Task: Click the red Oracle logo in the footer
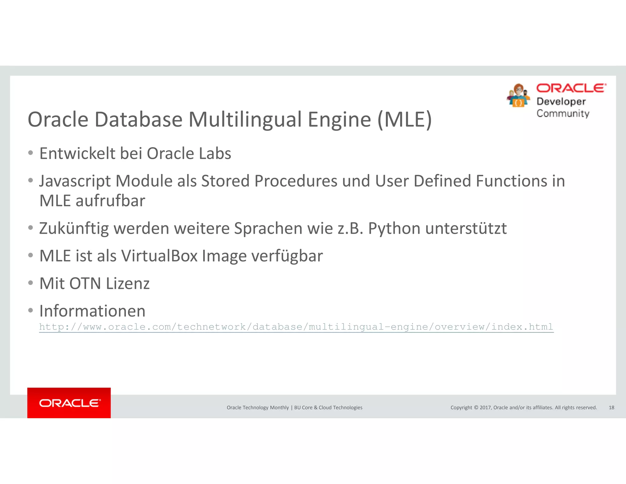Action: click(x=69, y=403)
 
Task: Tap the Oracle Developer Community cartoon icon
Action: click(x=518, y=96)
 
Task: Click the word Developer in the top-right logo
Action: click(x=561, y=102)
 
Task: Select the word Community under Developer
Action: click(x=563, y=114)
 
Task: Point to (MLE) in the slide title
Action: click(x=405, y=119)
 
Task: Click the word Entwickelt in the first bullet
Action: click(x=77, y=153)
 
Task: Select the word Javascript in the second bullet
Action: click(x=75, y=181)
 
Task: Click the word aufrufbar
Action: click(x=110, y=201)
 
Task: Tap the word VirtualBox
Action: click(x=159, y=256)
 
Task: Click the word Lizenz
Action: click(x=127, y=283)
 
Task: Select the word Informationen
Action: click(x=92, y=311)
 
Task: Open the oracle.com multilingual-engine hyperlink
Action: click(x=296, y=327)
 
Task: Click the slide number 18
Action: click(x=611, y=408)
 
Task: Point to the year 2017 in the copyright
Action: click(x=485, y=408)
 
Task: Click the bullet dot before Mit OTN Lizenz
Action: click(x=30, y=283)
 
